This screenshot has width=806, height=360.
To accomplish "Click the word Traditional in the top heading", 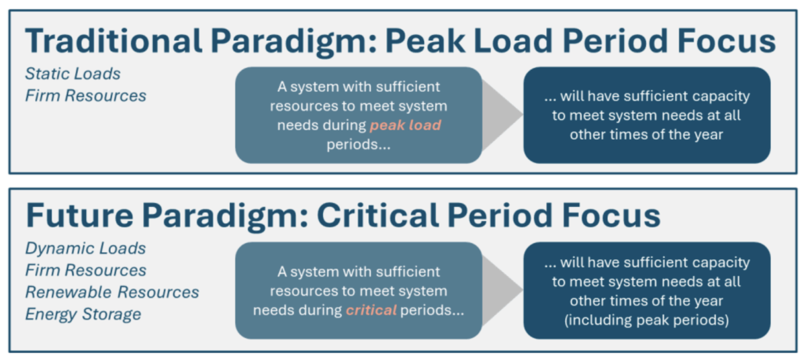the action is pos(114,41).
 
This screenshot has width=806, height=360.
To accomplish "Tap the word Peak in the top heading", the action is pos(425,41).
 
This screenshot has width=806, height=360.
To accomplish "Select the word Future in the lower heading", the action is pos(79,216).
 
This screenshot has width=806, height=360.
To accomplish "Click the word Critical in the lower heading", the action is pos(377,216).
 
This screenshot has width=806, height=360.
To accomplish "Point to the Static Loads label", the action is pos(73,74).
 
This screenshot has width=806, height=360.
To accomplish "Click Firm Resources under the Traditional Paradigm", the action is pos(86,95).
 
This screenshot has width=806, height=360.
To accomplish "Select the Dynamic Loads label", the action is pos(86,249).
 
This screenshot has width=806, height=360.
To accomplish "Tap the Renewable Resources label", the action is pos(112,292).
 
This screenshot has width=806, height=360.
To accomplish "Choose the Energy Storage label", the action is pos(83,314).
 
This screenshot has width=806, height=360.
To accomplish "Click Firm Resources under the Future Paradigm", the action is pos(86,270).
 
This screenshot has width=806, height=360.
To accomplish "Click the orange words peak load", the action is pos(405,125).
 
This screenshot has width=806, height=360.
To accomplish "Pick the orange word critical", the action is pos(371,310).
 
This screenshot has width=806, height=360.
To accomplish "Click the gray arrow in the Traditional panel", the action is pos(502,115).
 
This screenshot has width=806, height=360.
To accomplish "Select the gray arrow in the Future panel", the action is pos(502,290).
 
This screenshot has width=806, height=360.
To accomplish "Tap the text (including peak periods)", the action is pos(647,320).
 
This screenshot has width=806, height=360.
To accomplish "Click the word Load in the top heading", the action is pos(513,41).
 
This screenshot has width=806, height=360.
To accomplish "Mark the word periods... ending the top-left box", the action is pos(359,144).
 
